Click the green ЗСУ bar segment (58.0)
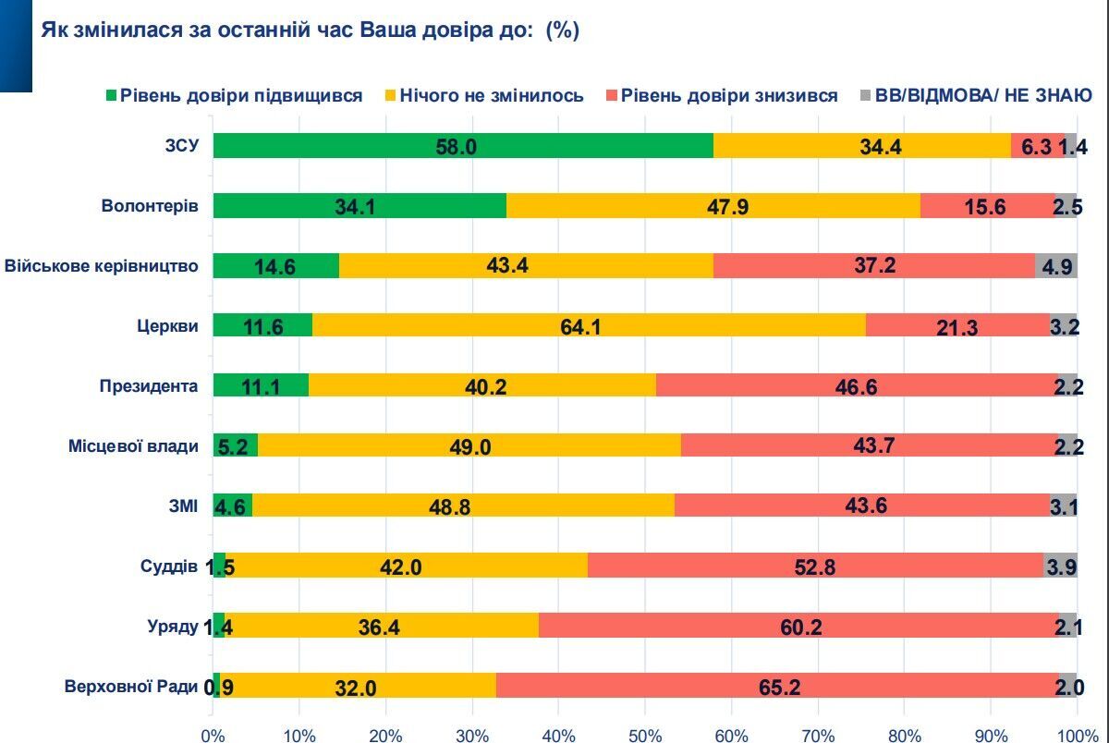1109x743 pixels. [x=463, y=146]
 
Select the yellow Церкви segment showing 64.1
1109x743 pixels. [x=589, y=325]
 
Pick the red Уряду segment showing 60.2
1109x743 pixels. [x=798, y=626]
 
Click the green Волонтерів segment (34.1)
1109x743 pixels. [x=360, y=206]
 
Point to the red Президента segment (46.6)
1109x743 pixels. [x=857, y=385]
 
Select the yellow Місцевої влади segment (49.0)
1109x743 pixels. [x=469, y=445]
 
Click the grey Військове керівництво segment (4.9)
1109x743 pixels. [x=1055, y=266]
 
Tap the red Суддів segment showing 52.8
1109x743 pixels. [x=815, y=566]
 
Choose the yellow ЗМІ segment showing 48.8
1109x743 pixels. [x=463, y=505]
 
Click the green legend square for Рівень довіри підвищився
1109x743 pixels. [x=112, y=95]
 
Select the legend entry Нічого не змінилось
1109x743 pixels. [x=491, y=95]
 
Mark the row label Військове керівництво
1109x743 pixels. [x=102, y=266]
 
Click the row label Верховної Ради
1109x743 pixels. [x=131, y=686]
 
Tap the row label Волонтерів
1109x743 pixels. [x=150, y=206]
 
